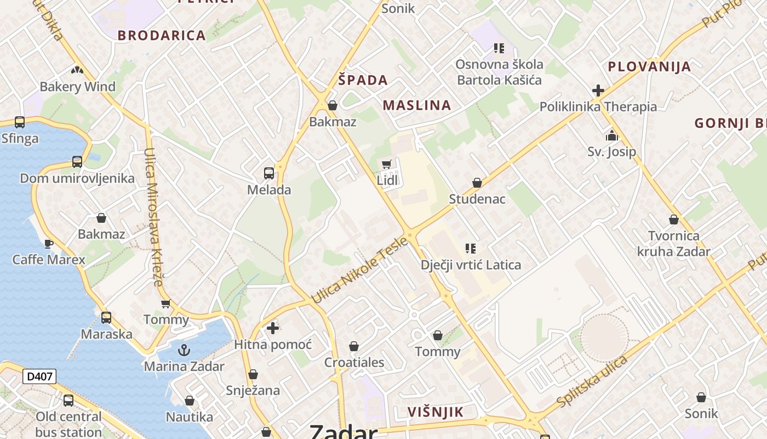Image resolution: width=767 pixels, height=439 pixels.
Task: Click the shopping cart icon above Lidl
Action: click(387, 164)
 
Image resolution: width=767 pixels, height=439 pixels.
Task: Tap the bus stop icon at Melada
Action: click(269, 173)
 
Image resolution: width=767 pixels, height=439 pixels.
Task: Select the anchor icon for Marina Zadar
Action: click(184, 350)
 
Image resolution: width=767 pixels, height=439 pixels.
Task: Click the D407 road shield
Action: click(39, 376)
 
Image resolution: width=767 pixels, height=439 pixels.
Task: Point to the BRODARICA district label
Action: click(162, 36)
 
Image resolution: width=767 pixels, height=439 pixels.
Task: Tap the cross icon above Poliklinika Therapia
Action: click(598, 91)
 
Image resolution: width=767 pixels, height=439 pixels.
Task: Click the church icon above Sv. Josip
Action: click(612, 136)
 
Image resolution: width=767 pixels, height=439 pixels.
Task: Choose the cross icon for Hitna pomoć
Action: click(273, 328)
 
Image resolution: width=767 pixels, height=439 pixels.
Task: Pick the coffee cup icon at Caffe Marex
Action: click(48, 243)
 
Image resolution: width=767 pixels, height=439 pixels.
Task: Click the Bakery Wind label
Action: click(77, 87)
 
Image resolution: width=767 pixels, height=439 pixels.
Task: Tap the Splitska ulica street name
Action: click(592, 382)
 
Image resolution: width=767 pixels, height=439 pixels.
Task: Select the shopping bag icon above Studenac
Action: click(477, 183)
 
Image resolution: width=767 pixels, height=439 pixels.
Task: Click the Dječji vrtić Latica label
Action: click(471, 265)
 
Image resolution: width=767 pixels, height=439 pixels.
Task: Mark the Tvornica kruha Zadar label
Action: click(673, 244)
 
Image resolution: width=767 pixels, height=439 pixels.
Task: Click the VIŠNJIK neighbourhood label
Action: click(436, 412)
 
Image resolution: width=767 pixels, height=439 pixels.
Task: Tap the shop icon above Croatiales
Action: click(354, 346)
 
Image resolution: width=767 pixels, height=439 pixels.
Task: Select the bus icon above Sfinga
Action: click(20, 122)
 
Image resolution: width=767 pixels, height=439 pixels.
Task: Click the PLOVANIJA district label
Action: click(649, 67)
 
